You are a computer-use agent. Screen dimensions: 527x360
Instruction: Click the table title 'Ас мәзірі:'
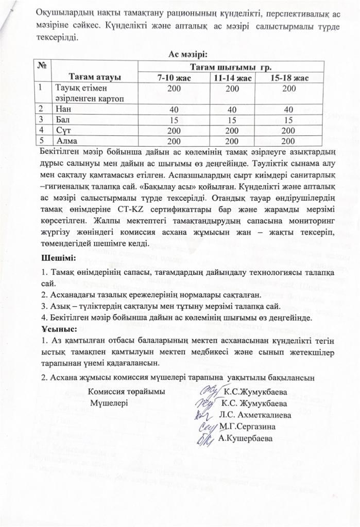pyautogui.click(x=187, y=54)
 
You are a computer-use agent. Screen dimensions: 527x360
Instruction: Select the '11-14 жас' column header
pyautogui.click(x=233, y=78)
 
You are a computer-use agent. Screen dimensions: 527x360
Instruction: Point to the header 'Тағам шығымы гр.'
pyautogui.click(x=231, y=67)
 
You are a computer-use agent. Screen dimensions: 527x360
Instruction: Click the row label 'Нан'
pyautogui.click(x=63, y=109)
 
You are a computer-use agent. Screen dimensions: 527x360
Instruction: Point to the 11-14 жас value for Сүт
pyautogui.click(x=232, y=130)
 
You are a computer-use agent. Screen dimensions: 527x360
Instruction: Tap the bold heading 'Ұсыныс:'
pyautogui.click(x=58, y=328)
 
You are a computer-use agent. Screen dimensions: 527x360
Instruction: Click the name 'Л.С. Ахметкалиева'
pyautogui.click(x=254, y=415)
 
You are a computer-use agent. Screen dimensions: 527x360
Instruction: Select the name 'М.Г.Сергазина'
pyautogui.click(x=247, y=426)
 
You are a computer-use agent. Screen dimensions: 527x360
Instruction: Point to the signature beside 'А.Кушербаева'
pyautogui.click(x=205, y=438)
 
